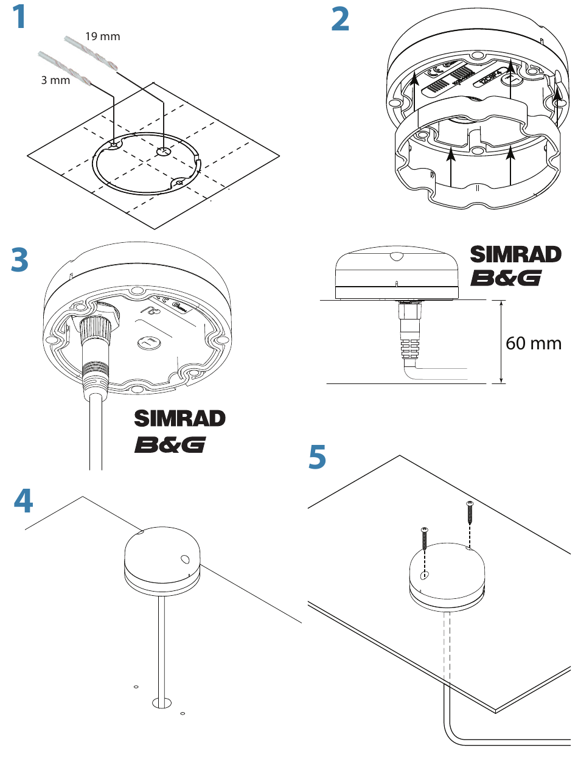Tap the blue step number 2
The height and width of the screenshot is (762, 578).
[x=339, y=19]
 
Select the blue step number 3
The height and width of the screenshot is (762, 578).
[x=19, y=259]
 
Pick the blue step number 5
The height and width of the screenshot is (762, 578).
[x=317, y=456]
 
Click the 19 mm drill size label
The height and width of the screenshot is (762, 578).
[x=103, y=37]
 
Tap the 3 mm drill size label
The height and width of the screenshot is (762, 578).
[x=55, y=80]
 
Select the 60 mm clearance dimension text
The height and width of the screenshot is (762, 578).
[x=533, y=343]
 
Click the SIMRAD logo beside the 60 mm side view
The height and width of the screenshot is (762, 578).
[x=515, y=254]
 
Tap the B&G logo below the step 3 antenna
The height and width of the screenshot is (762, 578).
[x=170, y=445]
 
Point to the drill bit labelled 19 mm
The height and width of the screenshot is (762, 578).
[x=91, y=53]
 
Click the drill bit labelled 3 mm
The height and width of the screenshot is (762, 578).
[x=65, y=69]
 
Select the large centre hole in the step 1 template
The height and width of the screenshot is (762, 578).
[x=162, y=152]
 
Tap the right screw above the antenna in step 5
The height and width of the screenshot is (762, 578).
[x=470, y=512]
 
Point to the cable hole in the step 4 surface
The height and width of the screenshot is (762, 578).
[x=162, y=704]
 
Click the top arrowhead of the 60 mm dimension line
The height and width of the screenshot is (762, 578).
[x=501, y=304]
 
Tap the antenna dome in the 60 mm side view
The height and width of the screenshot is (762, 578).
[x=397, y=273]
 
